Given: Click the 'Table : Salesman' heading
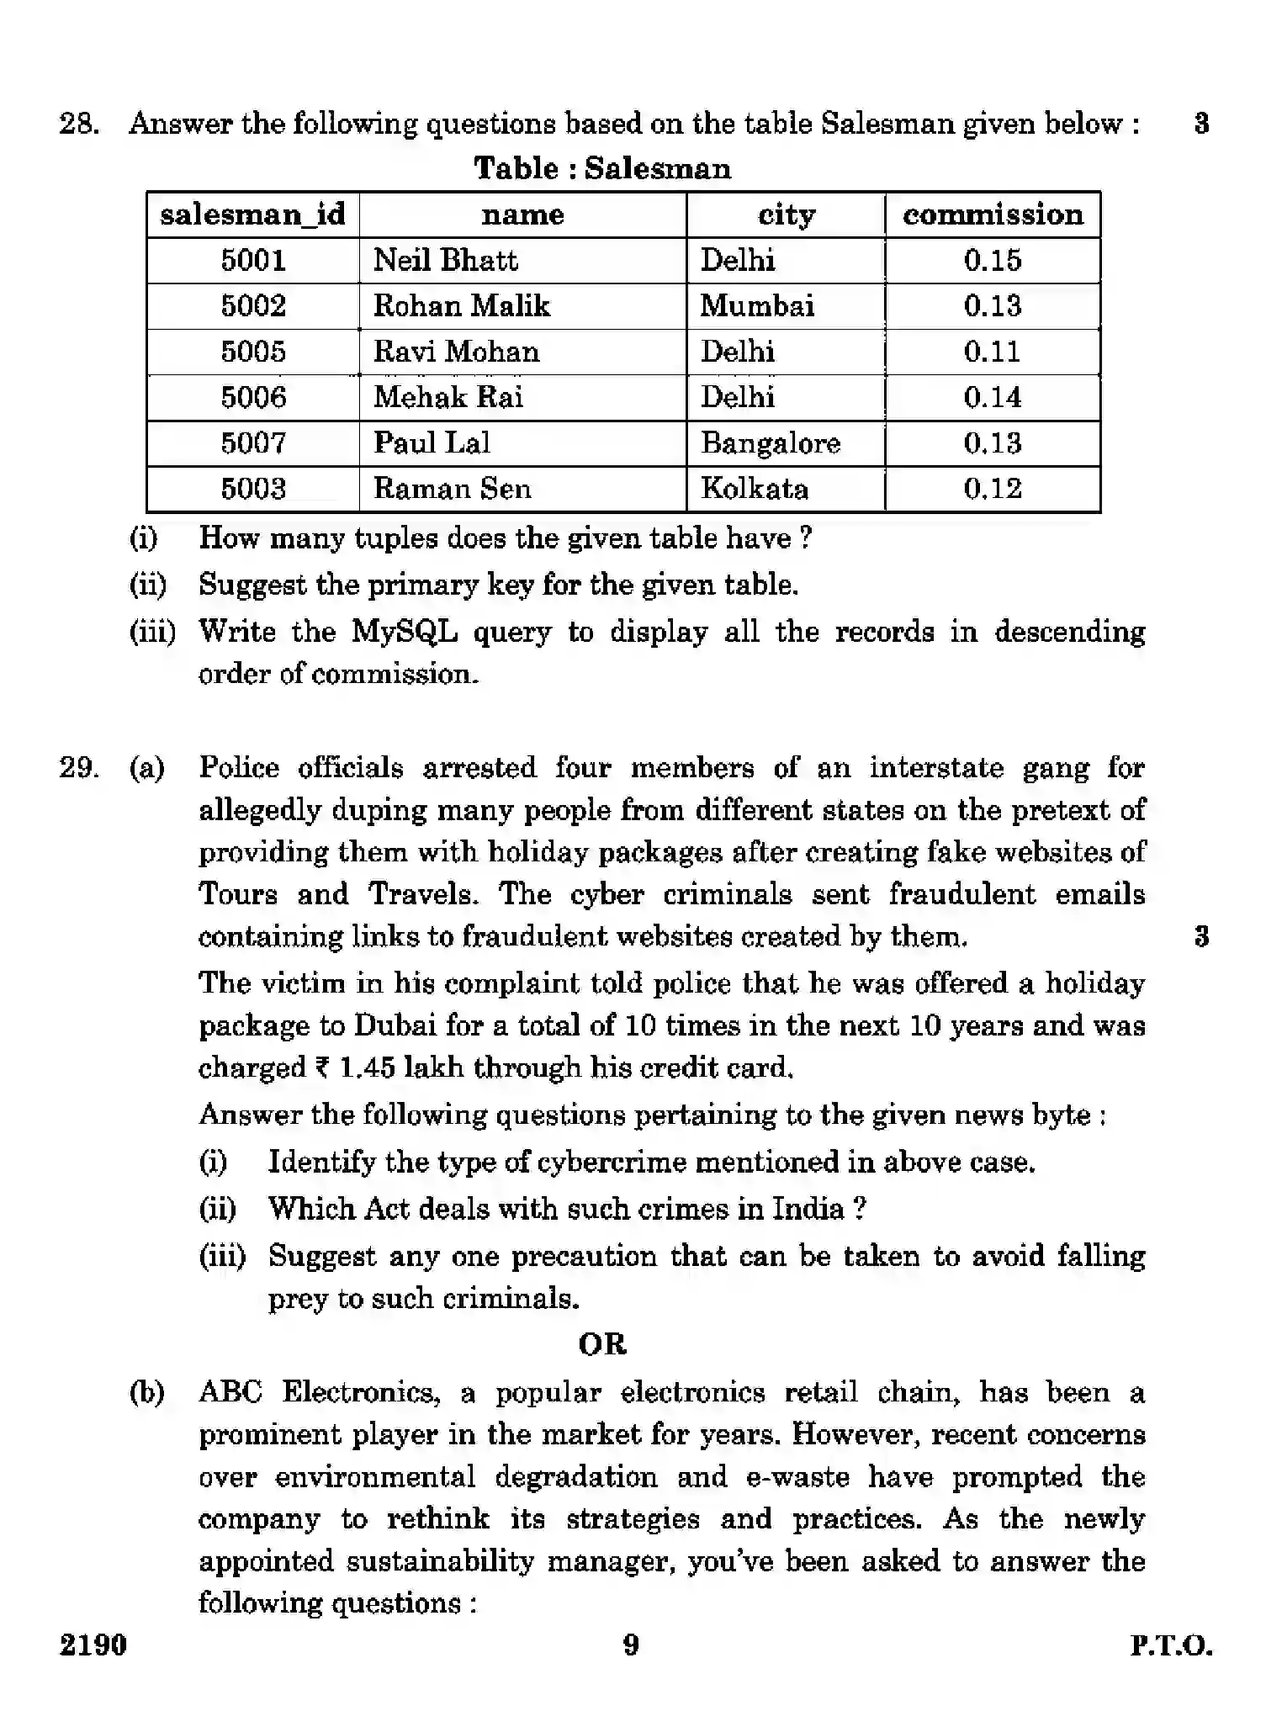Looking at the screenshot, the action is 602,168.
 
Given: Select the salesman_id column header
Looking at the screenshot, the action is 252,215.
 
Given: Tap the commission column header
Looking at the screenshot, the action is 993,215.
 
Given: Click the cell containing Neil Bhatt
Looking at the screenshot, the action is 445,260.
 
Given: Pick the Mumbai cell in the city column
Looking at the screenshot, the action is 757,305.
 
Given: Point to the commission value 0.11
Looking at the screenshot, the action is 993,352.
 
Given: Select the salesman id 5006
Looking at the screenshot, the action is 253,397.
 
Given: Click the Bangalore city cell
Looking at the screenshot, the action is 771,443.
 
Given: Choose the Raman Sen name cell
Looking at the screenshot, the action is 453,489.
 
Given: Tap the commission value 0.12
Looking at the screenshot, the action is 993,489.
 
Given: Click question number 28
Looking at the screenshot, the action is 79,124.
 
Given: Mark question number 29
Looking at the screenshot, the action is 79,768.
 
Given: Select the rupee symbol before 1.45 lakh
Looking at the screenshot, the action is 322,1068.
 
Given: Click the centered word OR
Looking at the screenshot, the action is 602,1344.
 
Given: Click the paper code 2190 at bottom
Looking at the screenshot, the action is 93,1644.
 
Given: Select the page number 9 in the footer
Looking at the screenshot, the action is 631,1644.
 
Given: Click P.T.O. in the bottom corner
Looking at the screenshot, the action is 1171,1645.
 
